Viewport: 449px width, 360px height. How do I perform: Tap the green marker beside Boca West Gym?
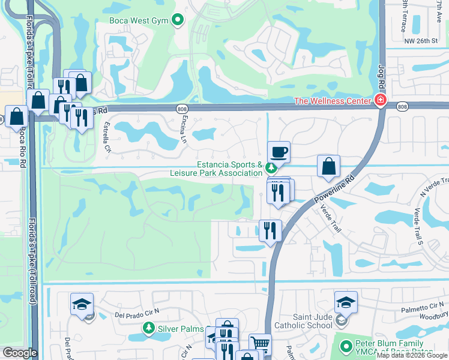pyautogui.click(x=177, y=21)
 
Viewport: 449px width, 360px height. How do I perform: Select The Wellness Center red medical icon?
pyautogui.click(x=379, y=100)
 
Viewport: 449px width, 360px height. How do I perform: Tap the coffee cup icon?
pyautogui.click(x=279, y=152)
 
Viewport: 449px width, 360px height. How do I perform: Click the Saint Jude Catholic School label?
pyautogui.click(x=303, y=321)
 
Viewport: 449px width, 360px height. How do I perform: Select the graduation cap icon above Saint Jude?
pyautogui.click(x=346, y=302)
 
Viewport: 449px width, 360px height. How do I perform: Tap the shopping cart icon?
pyautogui.click(x=259, y=344)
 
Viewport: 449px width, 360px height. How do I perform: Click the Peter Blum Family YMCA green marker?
pyautogui.click(x=345, y=346)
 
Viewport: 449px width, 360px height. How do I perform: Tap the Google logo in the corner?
pyautogui.click(x=20, y=353)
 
